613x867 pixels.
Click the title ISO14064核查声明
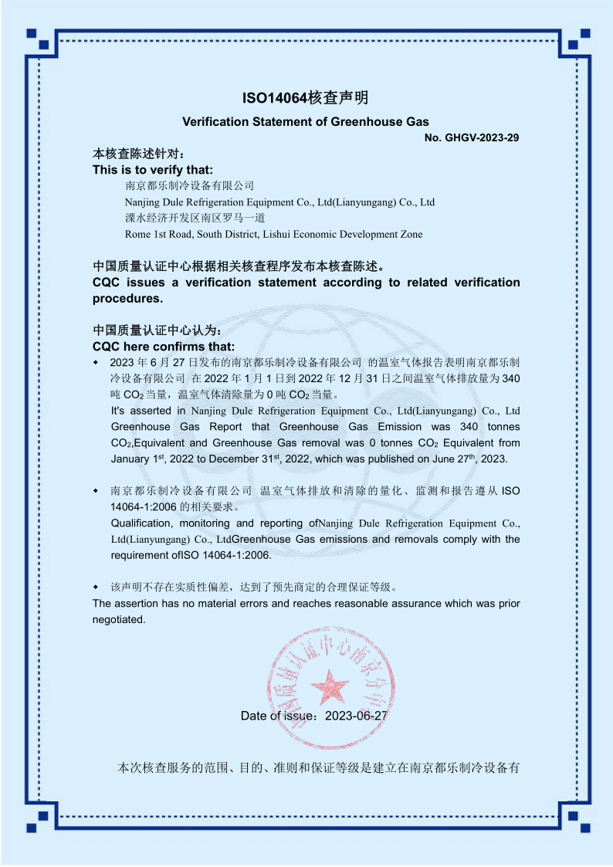[x=306, y=98]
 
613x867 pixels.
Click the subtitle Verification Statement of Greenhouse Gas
[x=306, y=121]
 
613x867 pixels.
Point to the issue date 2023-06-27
[x=356, y=716]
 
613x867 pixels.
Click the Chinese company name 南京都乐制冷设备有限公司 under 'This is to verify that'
[x=189, y=186]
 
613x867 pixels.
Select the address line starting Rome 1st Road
[x=273, y=234]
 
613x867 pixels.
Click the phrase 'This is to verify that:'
[x=153, y=170]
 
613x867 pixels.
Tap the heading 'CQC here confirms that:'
[x=164, y=346]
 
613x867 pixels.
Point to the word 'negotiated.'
[x=119, y=619]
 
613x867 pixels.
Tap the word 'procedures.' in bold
[x=128, y=298]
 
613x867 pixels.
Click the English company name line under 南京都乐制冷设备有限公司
[x=279, y=202]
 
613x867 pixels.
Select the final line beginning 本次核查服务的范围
[x=317, y=768]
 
